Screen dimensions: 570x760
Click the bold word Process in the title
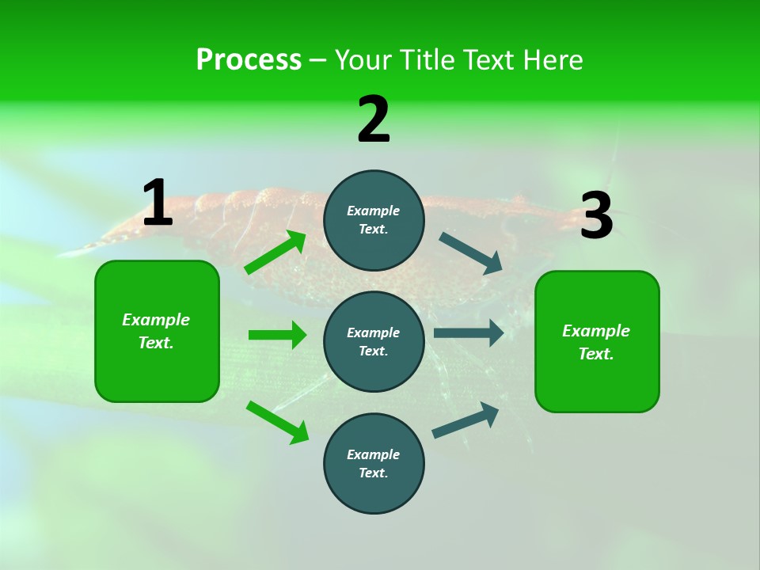click(249, 60)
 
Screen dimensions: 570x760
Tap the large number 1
click(158, 203)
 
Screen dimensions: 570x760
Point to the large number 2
click(374, 120)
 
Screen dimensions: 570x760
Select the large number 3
click(596, 216)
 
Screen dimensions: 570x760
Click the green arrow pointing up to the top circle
click(275, 253)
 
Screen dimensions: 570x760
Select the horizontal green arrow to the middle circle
click(277, 335)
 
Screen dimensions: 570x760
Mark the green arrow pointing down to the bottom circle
click(277, 422)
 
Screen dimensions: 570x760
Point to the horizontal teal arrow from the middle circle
click(469, 332)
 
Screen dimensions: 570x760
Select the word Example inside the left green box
click(156, 320)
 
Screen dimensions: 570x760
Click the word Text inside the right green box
click(595, 354)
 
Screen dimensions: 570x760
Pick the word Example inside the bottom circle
click(373, 454)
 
